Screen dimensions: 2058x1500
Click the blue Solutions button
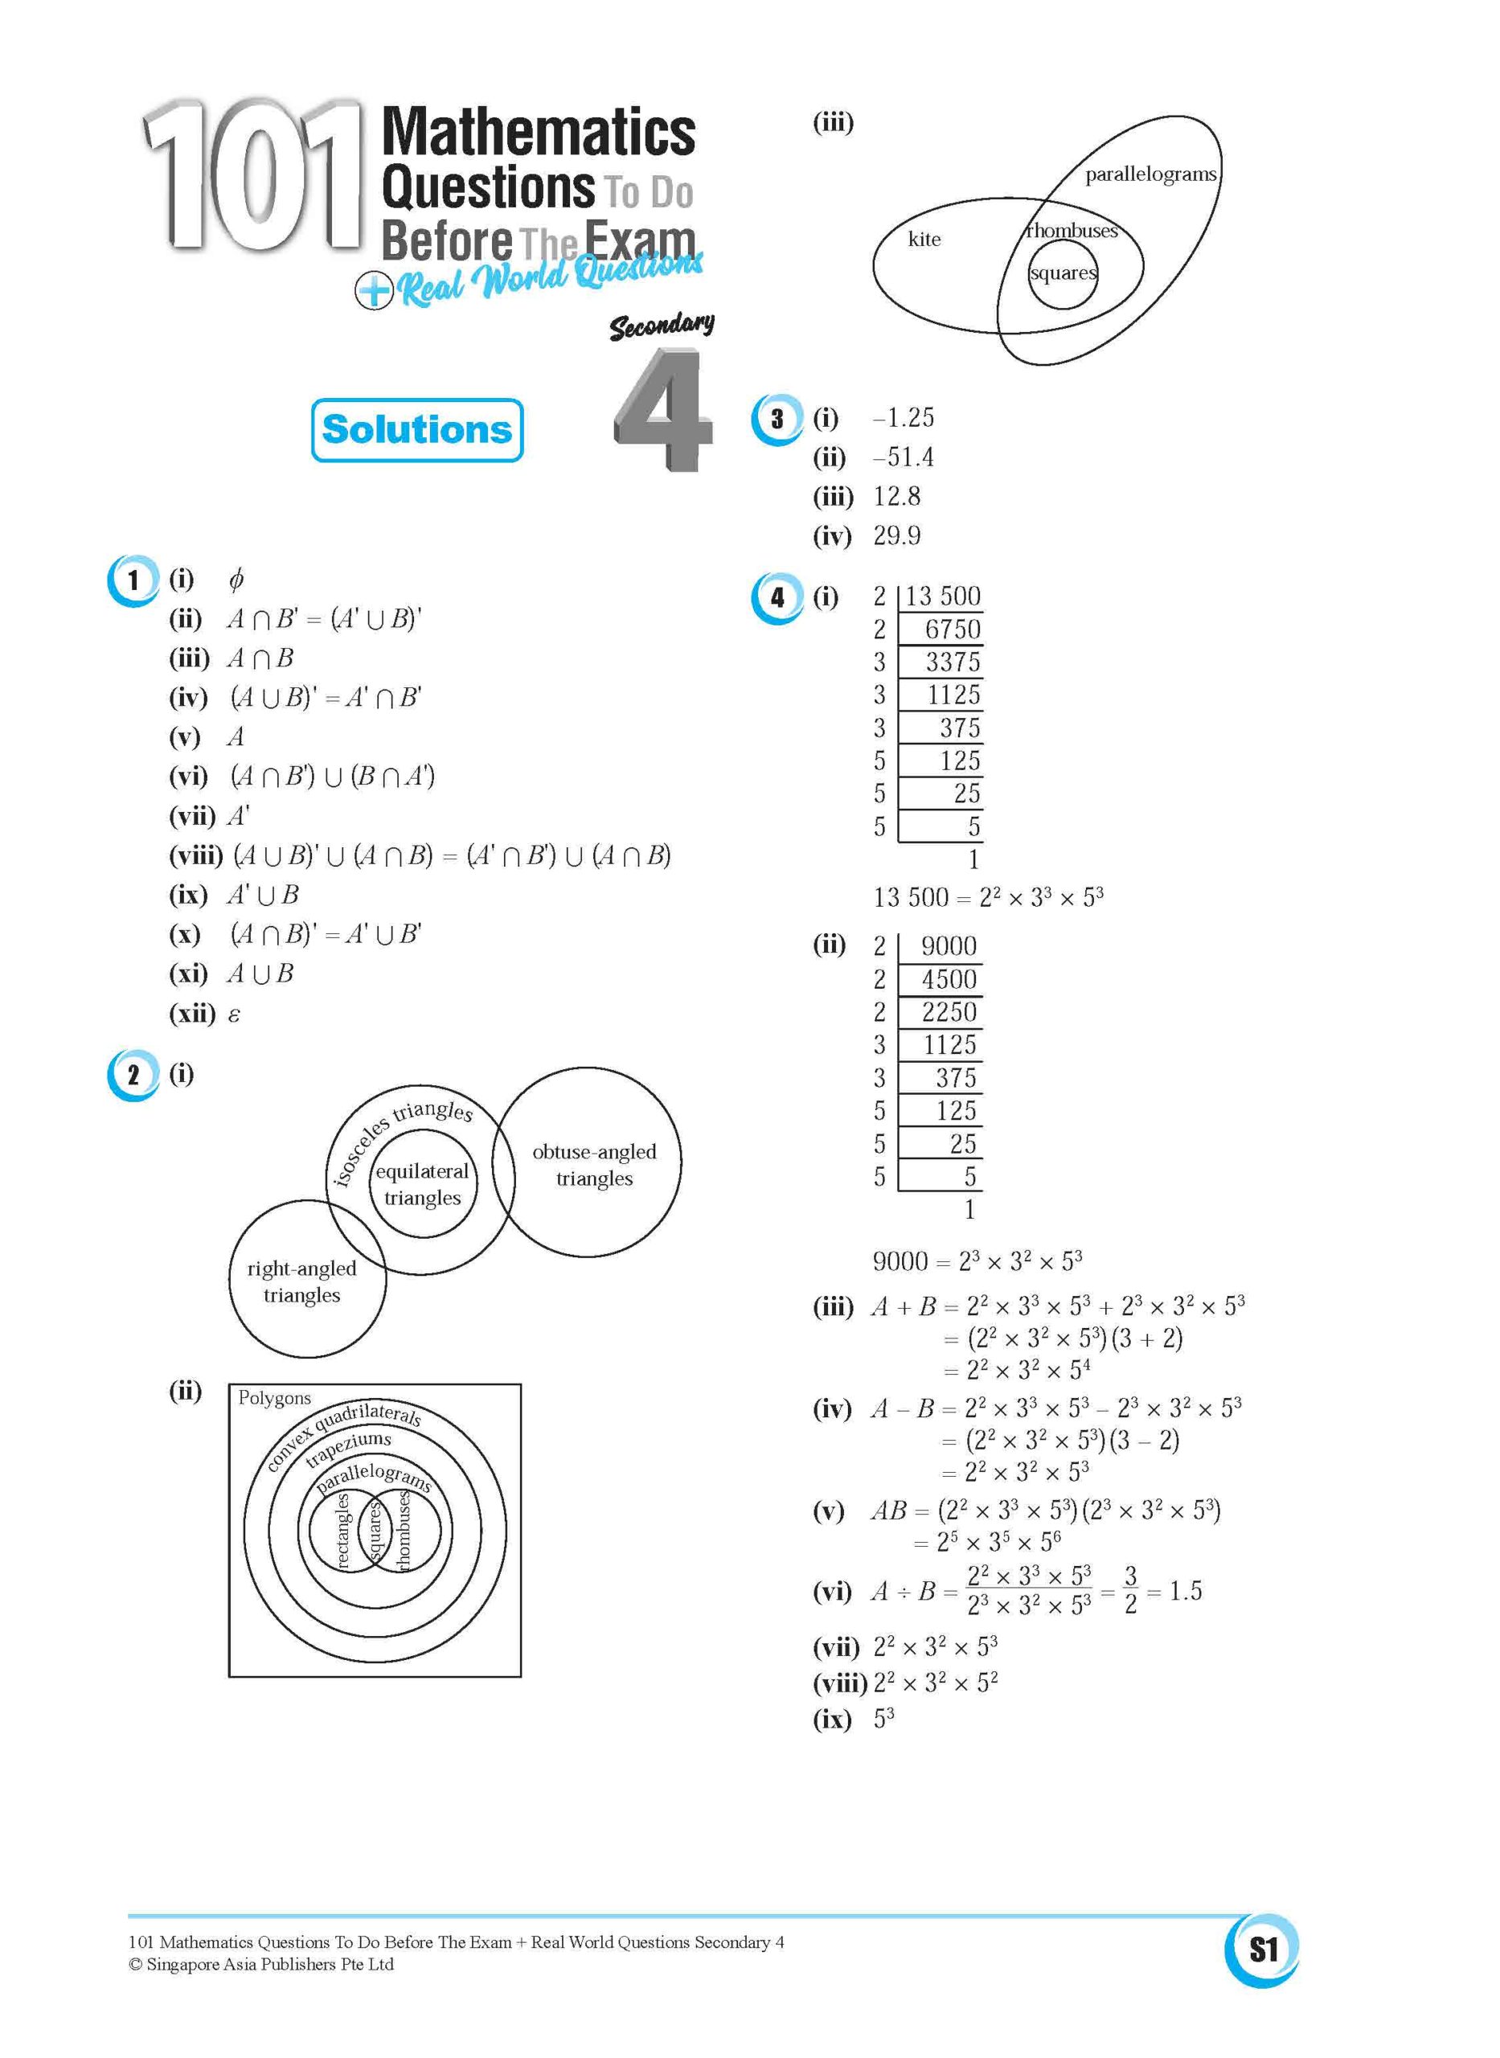(x=416, y=429)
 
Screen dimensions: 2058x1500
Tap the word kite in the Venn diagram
(x=924, y=239)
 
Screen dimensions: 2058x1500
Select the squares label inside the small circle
(x=1063, y=273)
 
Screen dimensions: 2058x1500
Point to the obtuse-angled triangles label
(x=594, y=1165)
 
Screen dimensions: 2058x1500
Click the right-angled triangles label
(x=301, y=1281)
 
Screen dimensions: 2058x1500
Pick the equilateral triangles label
(x=422, y=1184)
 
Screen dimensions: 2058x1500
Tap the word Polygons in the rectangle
(x=274, y=1398)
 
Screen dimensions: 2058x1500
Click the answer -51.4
(x=903, y=457)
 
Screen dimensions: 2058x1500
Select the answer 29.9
(x=897, y=535)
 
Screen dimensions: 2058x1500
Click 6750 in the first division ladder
(x=953, y=629)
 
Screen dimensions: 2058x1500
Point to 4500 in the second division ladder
(x=949, y=978)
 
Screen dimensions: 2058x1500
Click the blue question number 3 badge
(x=777, y=419)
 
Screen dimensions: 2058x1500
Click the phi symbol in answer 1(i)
(x=236, y=578)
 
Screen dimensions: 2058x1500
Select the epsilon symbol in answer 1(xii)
(x=234, y=1014)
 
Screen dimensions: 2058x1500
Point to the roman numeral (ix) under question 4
(x=832, y=1719)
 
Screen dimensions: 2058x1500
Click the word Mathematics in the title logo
(x=539, y=133)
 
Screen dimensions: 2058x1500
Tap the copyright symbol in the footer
(x=135, y=1965)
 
